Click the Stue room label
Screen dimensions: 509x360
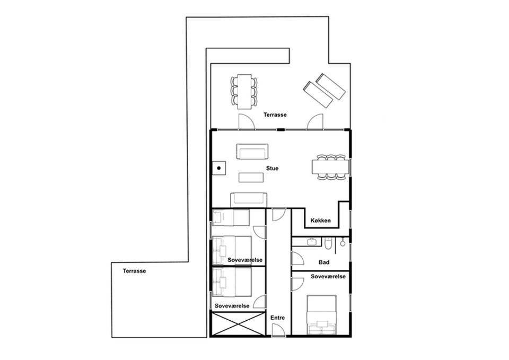[x=272, y=169]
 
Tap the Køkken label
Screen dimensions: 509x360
[x=320, y=221]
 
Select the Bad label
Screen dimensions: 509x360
[x=324, y=262]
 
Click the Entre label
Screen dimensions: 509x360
[x=277, y=318]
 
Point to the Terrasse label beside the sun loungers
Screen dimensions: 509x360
[x=275, y=115]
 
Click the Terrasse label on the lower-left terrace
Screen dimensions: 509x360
[x=134, y=271]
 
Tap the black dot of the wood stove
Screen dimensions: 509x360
[x=219, y=168]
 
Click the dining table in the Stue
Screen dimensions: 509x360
[x=330, y=167]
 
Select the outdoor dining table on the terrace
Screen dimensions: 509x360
[x=244, y=92]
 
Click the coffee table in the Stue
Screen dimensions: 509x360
[x=251, y=178]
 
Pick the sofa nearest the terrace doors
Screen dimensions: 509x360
[x=252, y=152]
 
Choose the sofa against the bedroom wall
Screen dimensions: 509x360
[x=249, y=200]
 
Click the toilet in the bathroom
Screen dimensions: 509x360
[x=328, y=243]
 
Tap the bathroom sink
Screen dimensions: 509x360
[x=312, y=242]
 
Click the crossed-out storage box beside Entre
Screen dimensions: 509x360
[x=238, y=324]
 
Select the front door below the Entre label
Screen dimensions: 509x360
[x=278, y=330]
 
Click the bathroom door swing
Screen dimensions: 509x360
[x=297, y=258]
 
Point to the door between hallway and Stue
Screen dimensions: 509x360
[x=278, y=215]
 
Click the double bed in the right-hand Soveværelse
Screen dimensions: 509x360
[x=322, y=315]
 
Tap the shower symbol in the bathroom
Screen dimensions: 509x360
[x=342, y=242]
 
